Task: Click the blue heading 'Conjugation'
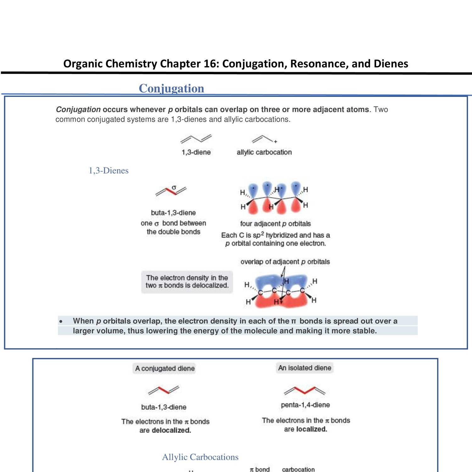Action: pyautogui.click(x=171, y=88)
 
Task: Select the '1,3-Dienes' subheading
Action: pyautogui.click(x=109, y=171)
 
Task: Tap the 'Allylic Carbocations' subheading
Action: pyautogui.click(x=200, y=457)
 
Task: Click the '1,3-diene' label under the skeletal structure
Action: pyautogui.click(x=196, y=152)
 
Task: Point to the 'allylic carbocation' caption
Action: pyautogui.click(x=264, y=152)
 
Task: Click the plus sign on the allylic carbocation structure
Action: pyautogui.click(x=276, y=142)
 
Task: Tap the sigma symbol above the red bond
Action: pyautogui.click(x=174, y=187)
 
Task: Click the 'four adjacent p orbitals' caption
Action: pyautogui.click(x=275, y=224)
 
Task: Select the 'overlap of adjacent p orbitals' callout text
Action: pyautogui.click(x=285, y=262)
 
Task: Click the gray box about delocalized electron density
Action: pyautogui.click(x=187, y=282)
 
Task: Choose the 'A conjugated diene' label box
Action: pyautogui.click(x=165, y=368)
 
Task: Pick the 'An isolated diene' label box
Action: pyautogui.click(x=305, y=368)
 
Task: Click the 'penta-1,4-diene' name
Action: pyautogui.click(x=305, y=405)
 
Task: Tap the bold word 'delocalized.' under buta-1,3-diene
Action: pyautogui.click(x=171, y=430)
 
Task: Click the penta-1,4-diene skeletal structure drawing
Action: pyautogui.click(x=304, y=391)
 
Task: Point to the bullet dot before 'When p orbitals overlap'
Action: pyautogui.click(x=61, y=321)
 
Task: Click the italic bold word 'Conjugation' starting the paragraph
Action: pyautogui.click(x=78, y=110)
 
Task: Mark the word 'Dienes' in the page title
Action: pyautogui.click(x=391, y=64)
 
